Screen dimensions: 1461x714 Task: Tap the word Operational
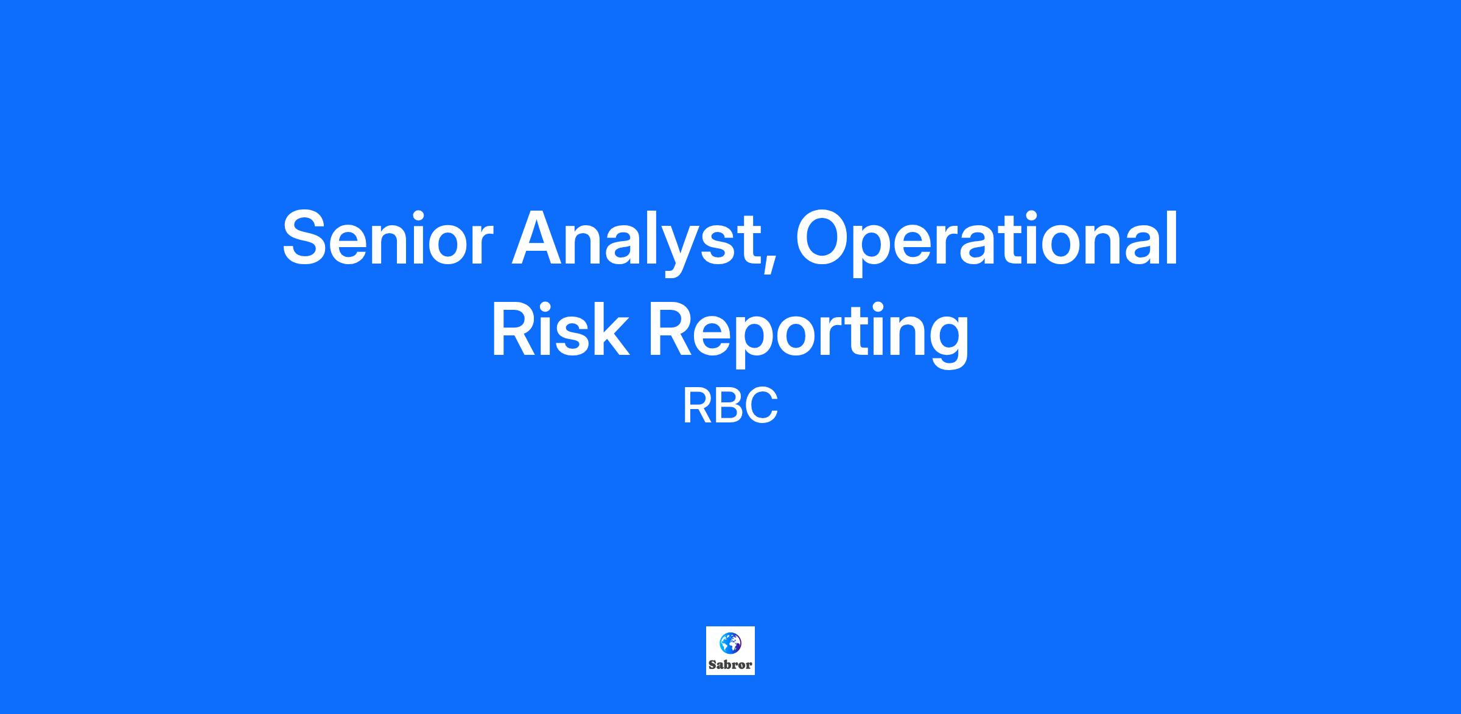tap(986, 241)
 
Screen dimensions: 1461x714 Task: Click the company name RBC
tap(730, 407)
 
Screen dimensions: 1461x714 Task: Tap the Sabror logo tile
tap(730, 651)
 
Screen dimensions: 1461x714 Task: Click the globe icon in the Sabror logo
tap(730, 643)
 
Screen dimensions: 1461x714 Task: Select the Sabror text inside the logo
tap(730, 665)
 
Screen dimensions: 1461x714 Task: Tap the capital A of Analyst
tap(538, 238)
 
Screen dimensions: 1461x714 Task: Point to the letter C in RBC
tap(762, 407)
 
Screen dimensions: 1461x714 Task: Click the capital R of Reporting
tap(672, 329)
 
